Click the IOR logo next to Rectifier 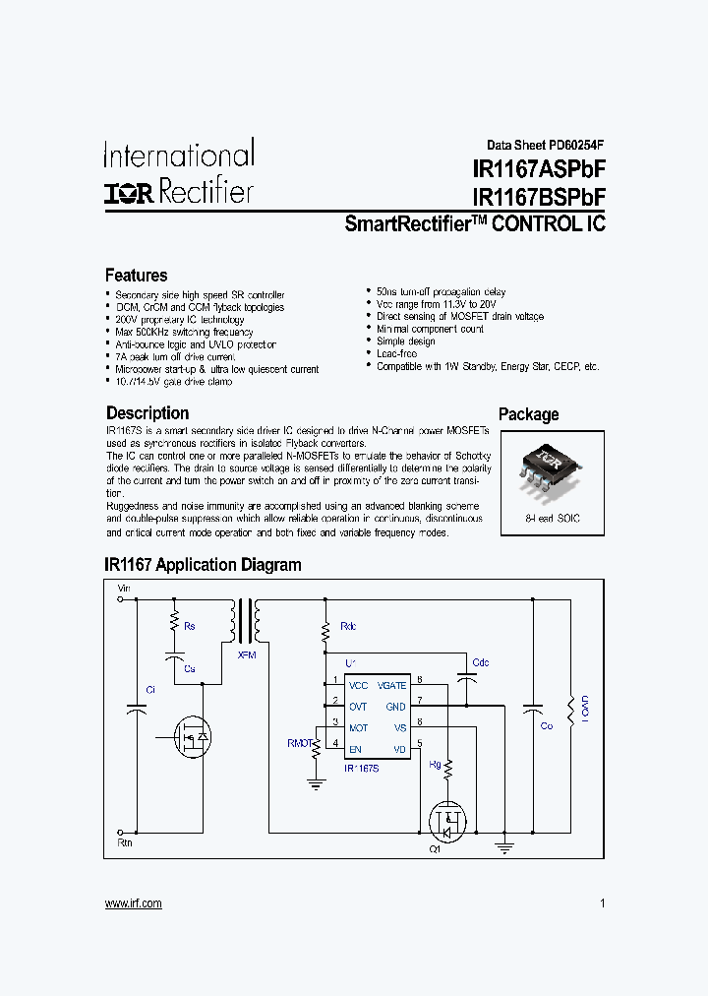(129, 192)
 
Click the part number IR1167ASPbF (539, 170)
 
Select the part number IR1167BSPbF (539, 197)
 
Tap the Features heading (136, 276)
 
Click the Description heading (147, 413)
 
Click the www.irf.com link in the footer (133, 903)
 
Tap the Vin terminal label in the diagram (124, 589)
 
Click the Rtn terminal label (124, 843)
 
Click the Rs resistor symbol (174, 622)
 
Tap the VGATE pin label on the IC (390, 685)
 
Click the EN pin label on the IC (355, 750)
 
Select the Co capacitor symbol (533, 710)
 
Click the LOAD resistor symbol (569, 709)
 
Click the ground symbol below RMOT (316, 784)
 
